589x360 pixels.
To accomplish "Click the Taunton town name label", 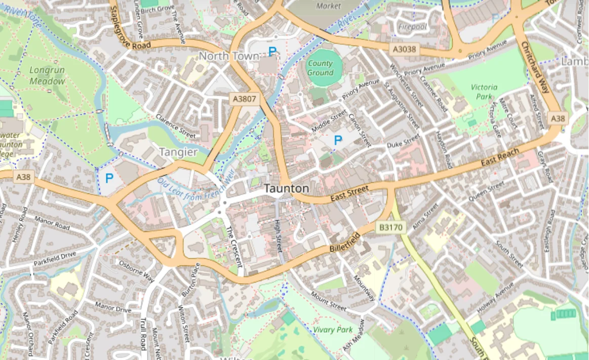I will tap(286, 188).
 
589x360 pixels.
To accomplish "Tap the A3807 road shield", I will tap(245, 99).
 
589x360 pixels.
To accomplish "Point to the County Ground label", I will tap(320, 68).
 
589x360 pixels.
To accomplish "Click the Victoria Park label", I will tap(484, 91).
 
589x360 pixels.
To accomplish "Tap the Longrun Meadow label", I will tap(47, 76).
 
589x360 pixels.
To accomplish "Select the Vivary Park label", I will tap(332, 330).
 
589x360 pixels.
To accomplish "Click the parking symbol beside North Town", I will tap(272, 51).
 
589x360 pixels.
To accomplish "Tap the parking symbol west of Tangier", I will tap(109, 178).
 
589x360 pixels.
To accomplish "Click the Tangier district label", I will tap(178, 152).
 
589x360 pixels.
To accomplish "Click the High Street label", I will tap(278, 236).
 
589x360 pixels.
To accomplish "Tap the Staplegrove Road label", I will tap(128, 30).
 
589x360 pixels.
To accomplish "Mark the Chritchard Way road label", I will tap(535, 67).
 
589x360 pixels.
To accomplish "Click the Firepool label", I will tap(413, 26).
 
